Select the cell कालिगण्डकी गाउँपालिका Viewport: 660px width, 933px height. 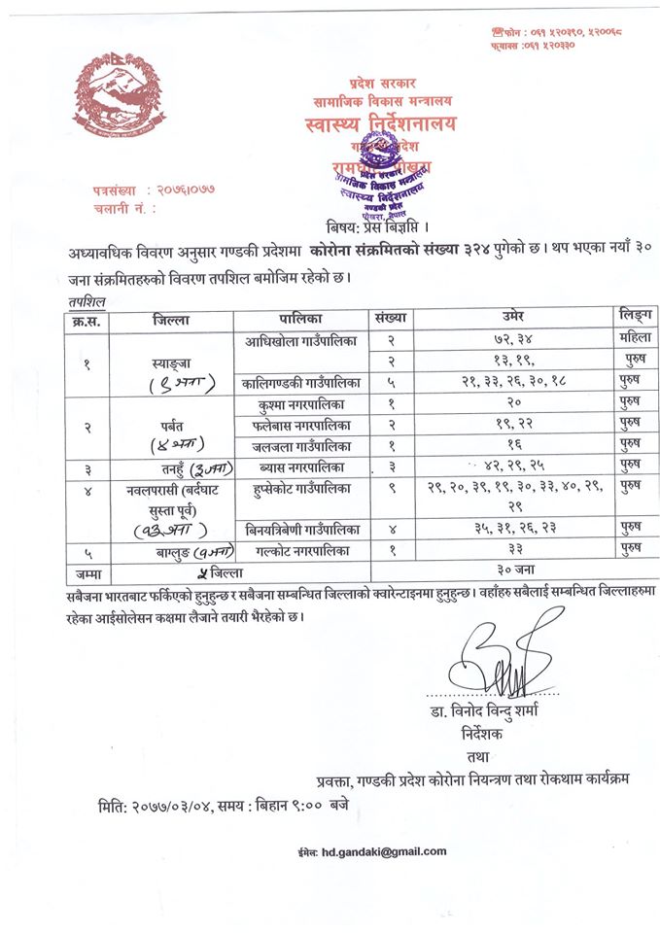click(x=301, y=384)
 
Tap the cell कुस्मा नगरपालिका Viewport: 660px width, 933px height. click(x=301, y=403)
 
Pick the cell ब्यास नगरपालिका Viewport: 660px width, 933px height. click(x=301, y=467)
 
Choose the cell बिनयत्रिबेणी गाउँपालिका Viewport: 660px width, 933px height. click(x=301, y=530)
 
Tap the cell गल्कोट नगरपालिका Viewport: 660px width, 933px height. click(x=301, y=551)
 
